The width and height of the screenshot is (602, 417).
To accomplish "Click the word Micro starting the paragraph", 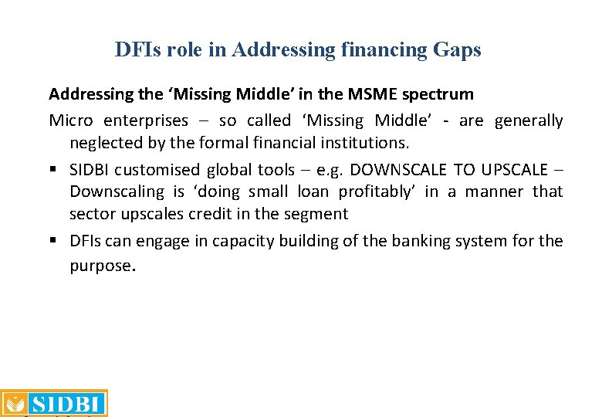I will pos(71,120).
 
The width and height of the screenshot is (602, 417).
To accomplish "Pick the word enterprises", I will pos(145,120).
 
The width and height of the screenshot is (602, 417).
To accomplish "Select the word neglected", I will pos(104,142).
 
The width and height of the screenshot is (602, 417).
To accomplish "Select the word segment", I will pos(319,213).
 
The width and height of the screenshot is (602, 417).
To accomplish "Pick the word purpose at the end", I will pos(101,266).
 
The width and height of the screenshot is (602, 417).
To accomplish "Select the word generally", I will pos(529,120).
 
